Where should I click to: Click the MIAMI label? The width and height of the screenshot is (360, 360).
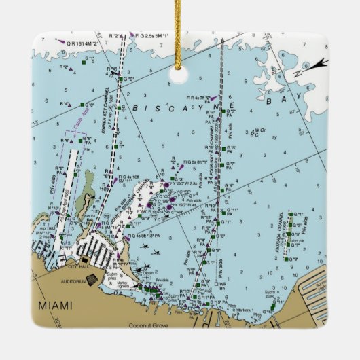(56, 304)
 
